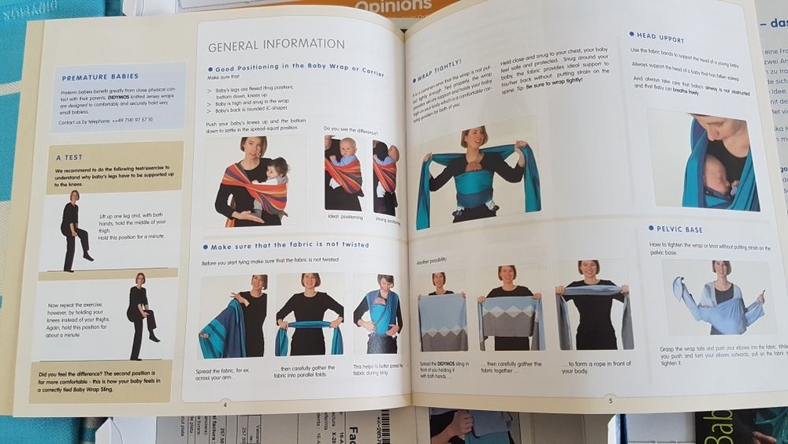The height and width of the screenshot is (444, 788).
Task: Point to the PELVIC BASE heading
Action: [679, 229]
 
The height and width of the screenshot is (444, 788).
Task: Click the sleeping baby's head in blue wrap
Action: [713, 181]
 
